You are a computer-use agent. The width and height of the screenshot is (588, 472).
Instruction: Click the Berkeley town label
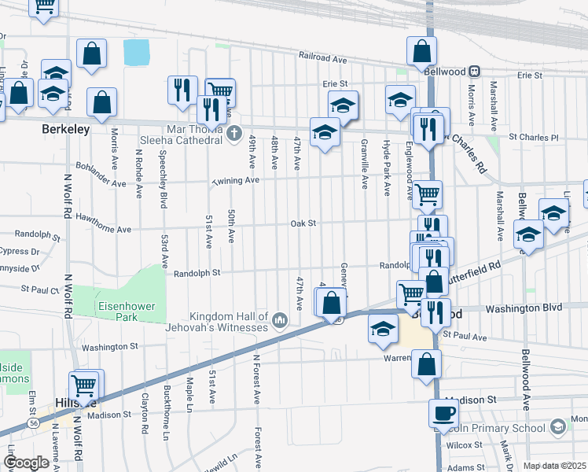pyautogui.click(x=66, y=129)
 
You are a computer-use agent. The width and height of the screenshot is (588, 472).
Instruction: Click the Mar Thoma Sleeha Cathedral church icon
pyautogui.click(x=233, y=134)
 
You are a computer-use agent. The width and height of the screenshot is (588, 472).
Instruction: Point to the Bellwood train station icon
pyautogui.click(x=475, y=71)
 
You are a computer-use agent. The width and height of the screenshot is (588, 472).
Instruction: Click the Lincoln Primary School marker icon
pyautogui.click(x=558, y=428)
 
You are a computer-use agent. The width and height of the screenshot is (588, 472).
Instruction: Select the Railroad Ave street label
pyautogui.click(x=322, y=57)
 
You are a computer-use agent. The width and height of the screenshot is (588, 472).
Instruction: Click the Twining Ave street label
pyautogui.click(x=235, y=180)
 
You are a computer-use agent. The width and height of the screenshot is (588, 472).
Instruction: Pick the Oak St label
pyautogui.click(x=303, y=223)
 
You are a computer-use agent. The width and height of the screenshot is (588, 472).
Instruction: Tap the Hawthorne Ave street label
pyautogui.click(x=101, y=228)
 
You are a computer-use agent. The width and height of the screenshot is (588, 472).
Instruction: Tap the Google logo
pyautogui.click(x=26, y=463)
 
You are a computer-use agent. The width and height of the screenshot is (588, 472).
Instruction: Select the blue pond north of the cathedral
pyautogui.click(x=136, y=53)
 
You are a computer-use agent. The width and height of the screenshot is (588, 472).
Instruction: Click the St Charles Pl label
pyautogui.click(x=532, y=137)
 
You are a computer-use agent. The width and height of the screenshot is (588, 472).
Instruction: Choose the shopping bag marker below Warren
pyautogui.click(x=426, y=363)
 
